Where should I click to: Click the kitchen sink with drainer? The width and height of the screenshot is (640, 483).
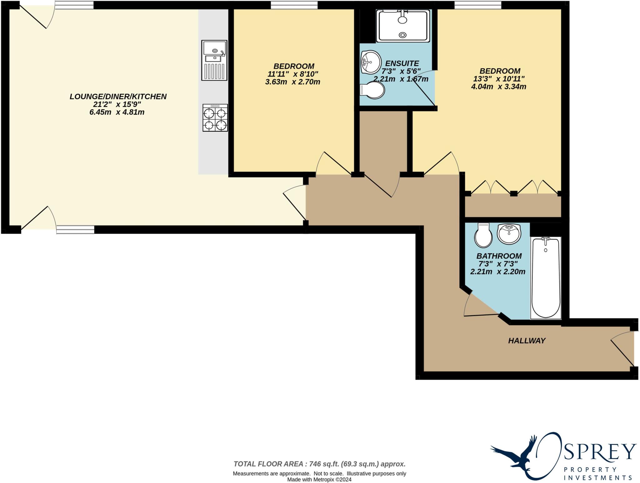pyautogui.click(x=214, y=60)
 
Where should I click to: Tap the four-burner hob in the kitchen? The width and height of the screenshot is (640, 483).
pyautogui.click(x=215, y=118)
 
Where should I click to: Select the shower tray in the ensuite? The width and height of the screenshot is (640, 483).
pyautogui.click(x=403, y=26)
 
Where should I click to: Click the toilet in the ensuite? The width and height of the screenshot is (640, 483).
pyautogui.click(x=372, y=90)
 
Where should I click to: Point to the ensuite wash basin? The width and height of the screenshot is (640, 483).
pyautogui.click(x=371, y=62)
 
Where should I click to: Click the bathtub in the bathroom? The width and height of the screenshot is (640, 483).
pyautogui.click(x=546, y=278)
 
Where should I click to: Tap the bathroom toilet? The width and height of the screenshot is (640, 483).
pyautogui.click(x=483, y=235)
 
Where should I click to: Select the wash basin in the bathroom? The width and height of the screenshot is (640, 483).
pyautogui.click(x=509, y=234)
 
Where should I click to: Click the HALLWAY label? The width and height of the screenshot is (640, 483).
pyautogui.click(x=527, y=341)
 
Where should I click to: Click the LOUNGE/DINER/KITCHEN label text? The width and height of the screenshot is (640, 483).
pyautogui.click(x=118, y=97)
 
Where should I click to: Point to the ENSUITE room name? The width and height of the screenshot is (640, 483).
pyautogui.click(x=402, y=64)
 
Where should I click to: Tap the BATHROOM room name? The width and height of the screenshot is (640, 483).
pyautogui.click(x=499, y=256)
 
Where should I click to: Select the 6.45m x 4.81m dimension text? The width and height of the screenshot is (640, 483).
pyautogui.click(x=117, y=112)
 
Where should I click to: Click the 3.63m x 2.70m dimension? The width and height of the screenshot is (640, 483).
pyautogui.click(x=292, y=82)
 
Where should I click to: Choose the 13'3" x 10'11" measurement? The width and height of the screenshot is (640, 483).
pyautogui.click(x=499, y=79)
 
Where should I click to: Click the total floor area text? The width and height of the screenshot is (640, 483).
pyautogui.click(x=319, y=464)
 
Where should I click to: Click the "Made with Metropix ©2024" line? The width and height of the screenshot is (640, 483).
pyautogui.click(x=319, y=480)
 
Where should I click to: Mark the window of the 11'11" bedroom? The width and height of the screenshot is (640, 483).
pyautogui.click(x=294, y=5)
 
